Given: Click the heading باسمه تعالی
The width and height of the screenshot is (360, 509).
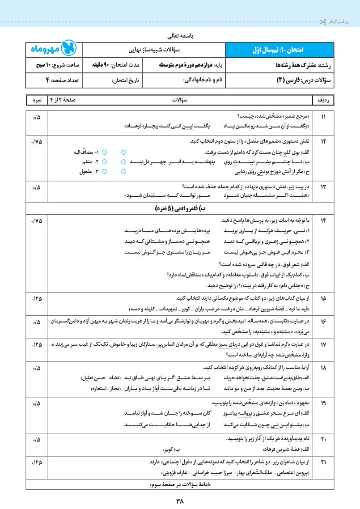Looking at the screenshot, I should (x=179, y=34).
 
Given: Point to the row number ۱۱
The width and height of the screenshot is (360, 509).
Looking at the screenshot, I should (x=324, y=117).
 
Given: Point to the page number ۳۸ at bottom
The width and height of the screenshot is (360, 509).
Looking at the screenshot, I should (x=179, y=501).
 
